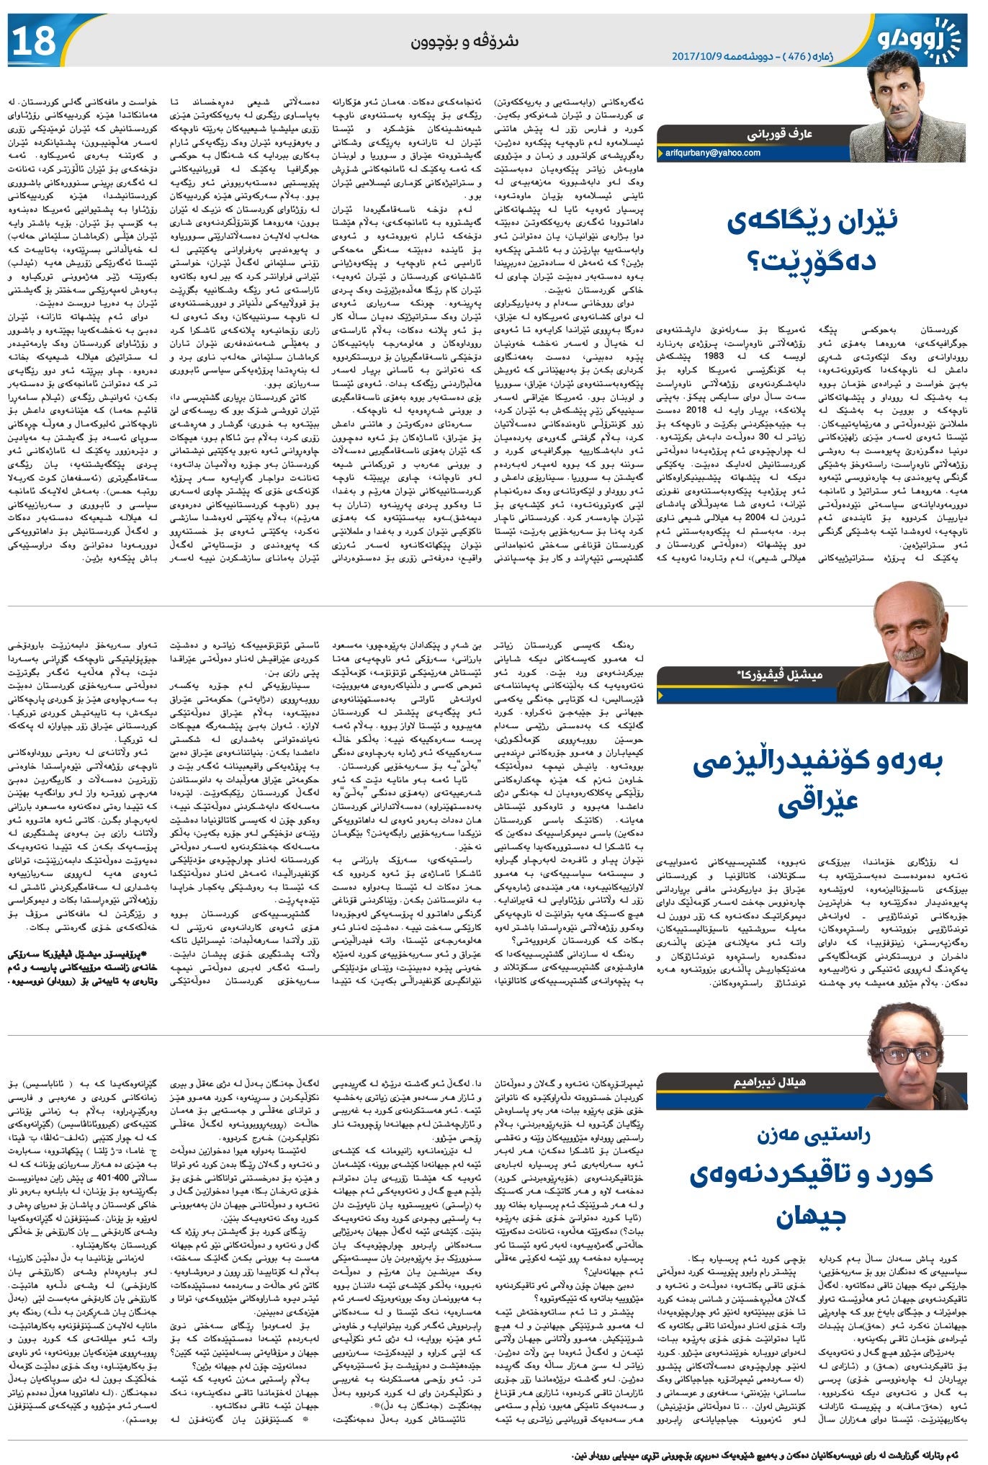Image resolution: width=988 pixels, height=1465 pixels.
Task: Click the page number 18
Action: (x=33, y=41)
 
